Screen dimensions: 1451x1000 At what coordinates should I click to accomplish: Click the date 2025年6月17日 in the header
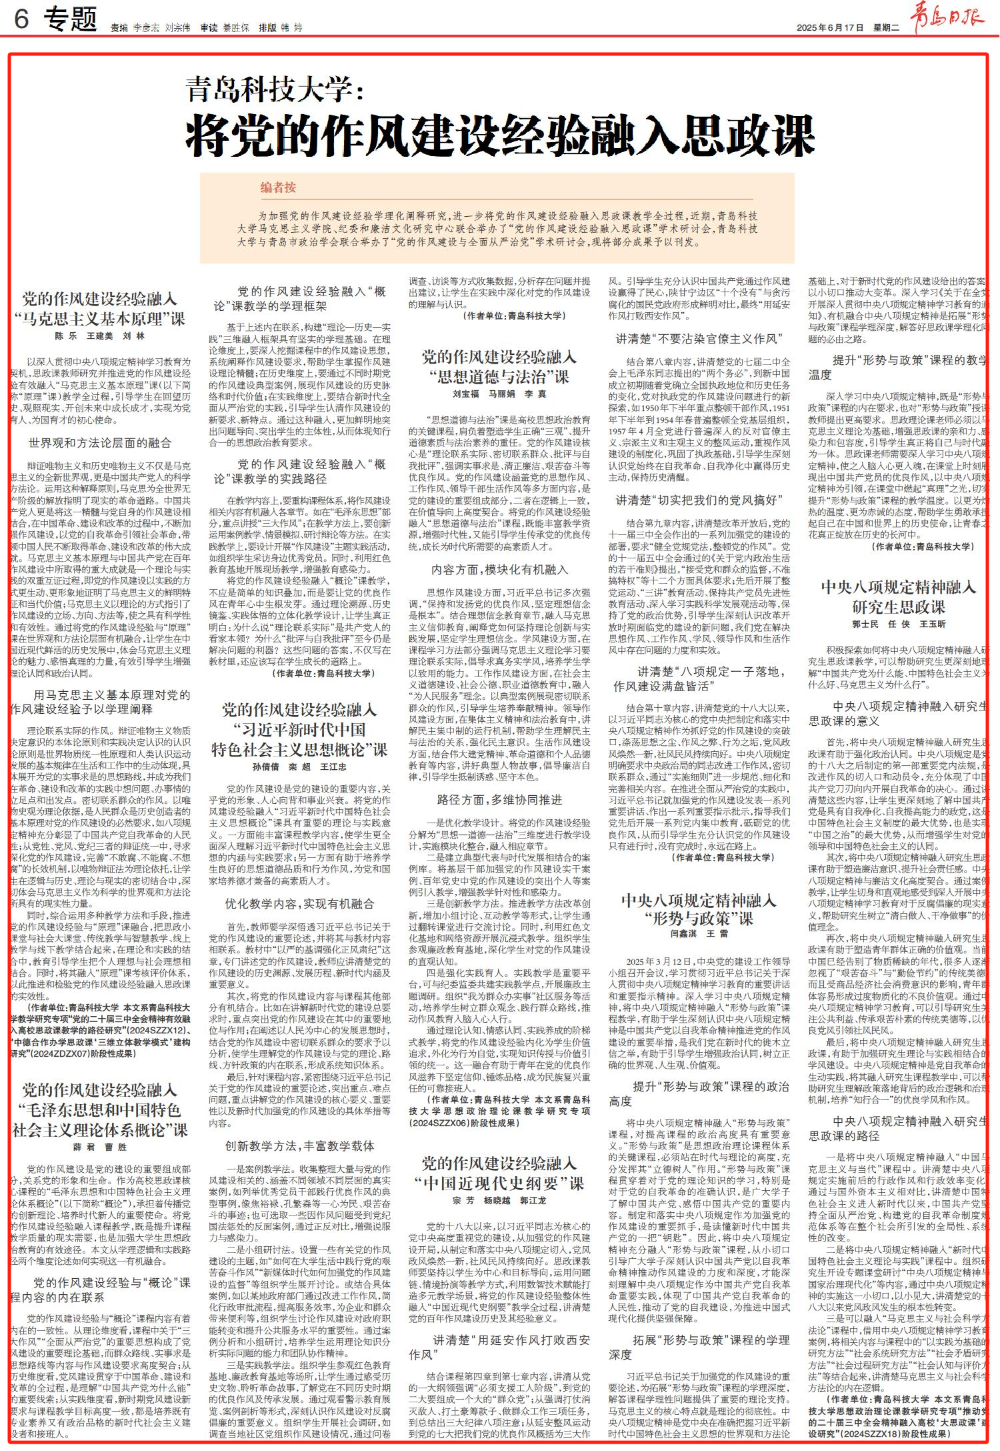coord(830,28)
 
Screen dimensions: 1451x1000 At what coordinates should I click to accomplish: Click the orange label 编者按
coord(278,188)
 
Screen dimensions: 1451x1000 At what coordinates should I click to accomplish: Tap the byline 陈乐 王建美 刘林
coord(101,336)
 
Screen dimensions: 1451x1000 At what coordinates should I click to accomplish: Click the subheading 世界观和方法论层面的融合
coord(100,443)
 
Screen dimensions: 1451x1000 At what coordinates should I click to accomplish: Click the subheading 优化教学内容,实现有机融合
coord(299,904)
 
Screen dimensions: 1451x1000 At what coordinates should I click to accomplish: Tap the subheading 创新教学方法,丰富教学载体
coord(299,1145)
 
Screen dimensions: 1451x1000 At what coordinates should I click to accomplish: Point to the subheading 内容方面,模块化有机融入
coord(499,570)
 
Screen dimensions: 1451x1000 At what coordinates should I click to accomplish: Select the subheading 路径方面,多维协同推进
coord(499,800)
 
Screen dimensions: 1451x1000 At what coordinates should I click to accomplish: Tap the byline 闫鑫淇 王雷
coord(699,934)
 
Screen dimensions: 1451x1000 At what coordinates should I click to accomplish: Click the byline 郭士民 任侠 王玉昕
coord(898,624)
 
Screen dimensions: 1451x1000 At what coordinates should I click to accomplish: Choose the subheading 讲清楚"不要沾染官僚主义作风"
coord(699,339)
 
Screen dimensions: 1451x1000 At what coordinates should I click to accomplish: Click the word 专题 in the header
coord(71,21)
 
